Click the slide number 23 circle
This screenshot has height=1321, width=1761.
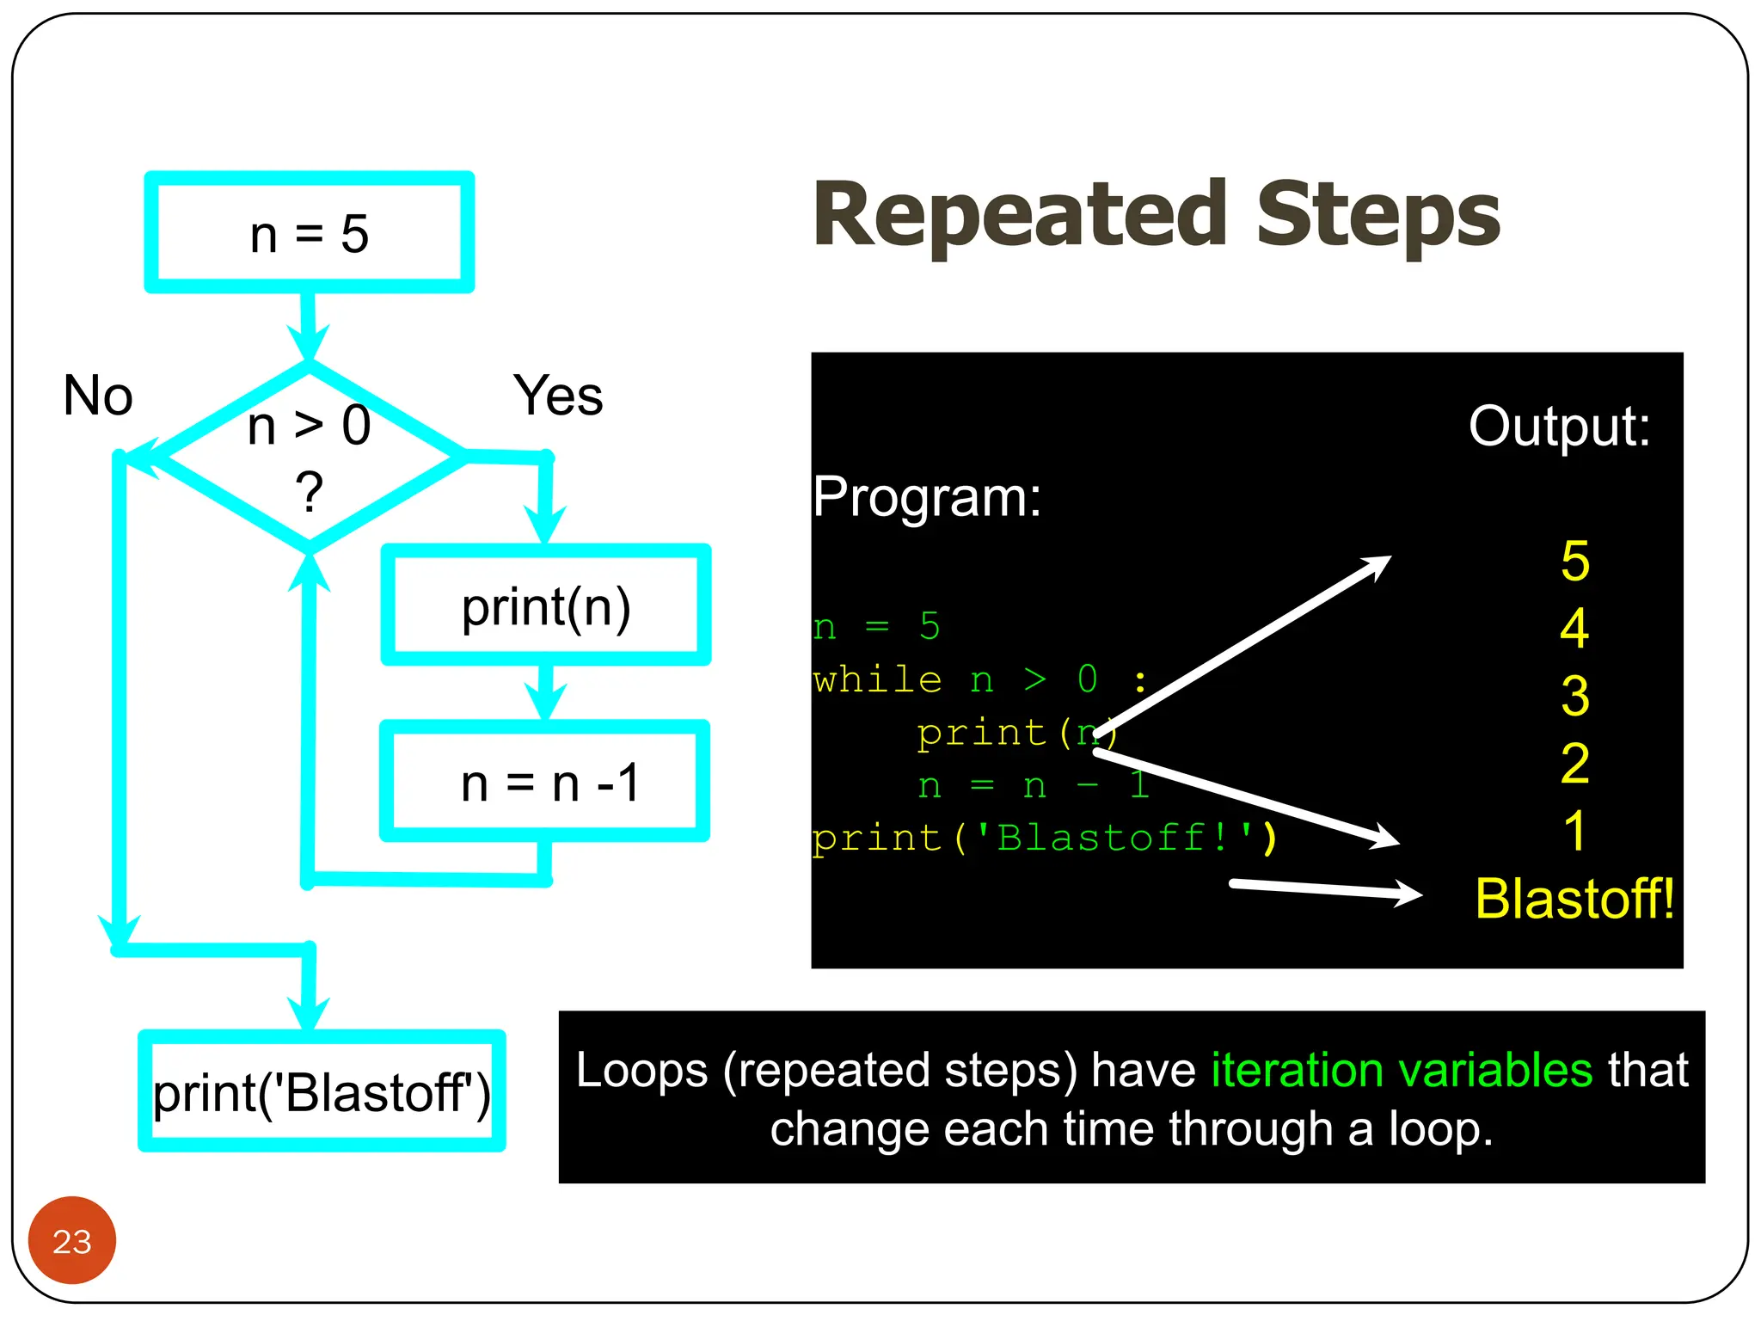click(x=71, y=1240)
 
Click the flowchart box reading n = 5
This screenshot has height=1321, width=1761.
click(x=309, y=233)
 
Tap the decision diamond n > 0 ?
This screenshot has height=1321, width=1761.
click(x=309, y=456)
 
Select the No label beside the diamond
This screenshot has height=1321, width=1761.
click(x=98, y=396)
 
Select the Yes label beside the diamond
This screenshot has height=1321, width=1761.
click(x=558, y=396)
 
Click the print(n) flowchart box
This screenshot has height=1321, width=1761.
click(x=546, y=605)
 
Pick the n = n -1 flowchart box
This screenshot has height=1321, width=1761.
click(x=546, y=782)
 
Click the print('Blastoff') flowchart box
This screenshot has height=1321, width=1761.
click(x=322, y=1091)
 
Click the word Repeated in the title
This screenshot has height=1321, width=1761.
click(x=1020, y=215)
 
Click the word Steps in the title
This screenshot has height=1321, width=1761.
click(x=1378, y=215)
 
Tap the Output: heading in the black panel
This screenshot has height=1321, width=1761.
click(x=1558, y=427)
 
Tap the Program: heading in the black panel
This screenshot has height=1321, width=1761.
click(x=927, y=497)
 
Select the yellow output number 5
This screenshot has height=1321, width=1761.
click(x=1574, y=561)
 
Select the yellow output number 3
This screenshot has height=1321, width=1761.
click(x=1574, y=696)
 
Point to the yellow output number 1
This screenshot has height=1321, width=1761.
click(x=1574, y=831)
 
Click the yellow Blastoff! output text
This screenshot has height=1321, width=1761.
click(x=1574, y=899)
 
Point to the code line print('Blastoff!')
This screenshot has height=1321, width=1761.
click(x=1043, y=838)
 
